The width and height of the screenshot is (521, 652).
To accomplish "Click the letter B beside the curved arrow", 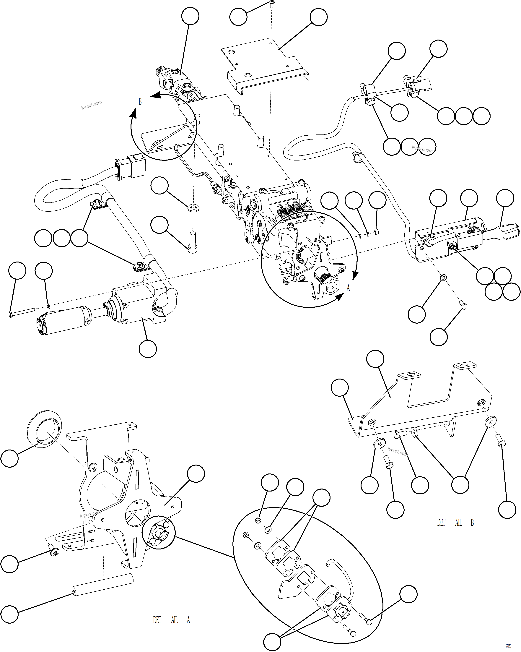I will pyautogui.click(x=140, y=102).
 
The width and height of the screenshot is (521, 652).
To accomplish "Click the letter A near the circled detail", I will pyautogui.click(x=348, y=288).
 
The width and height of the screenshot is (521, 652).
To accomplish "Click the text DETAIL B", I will pyautogui.click(x=455, y=523).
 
